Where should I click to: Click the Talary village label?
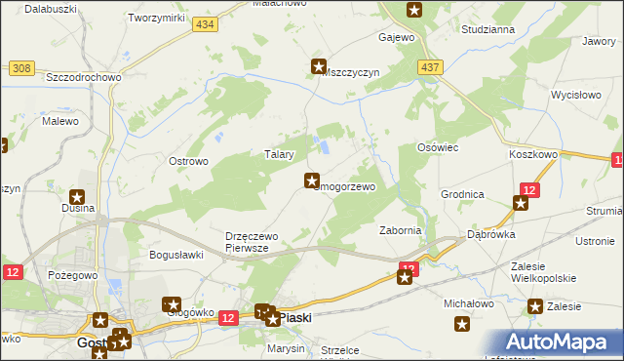tap(280, 153)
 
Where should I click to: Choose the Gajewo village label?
tap(397, 37)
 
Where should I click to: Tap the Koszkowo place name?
tap(532, 154)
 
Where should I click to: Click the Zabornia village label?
tap(400, 230)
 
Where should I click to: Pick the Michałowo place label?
tap(469, 303)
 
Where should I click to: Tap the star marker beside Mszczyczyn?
tap(318, 66)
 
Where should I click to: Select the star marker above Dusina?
tap(77, 197)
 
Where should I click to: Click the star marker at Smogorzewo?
tap(312, 180)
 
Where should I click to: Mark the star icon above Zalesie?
tap(535, 307)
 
